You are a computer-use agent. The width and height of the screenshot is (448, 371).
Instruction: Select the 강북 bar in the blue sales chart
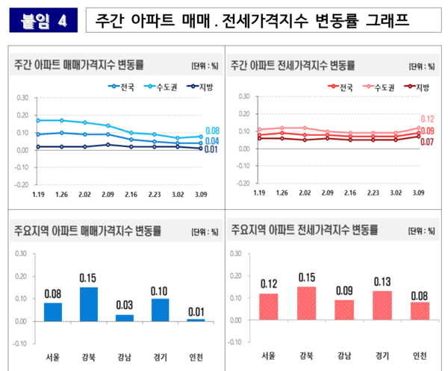(89, 304)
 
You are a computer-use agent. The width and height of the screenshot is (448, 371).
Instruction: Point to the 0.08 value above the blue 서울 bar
(53, 293)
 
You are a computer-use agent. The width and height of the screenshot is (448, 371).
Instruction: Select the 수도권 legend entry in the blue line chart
(155, 86)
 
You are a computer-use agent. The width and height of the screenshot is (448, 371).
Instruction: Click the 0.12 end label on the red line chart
(428, 119)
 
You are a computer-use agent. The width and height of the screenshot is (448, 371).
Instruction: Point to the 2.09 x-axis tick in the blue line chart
(108, 193)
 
